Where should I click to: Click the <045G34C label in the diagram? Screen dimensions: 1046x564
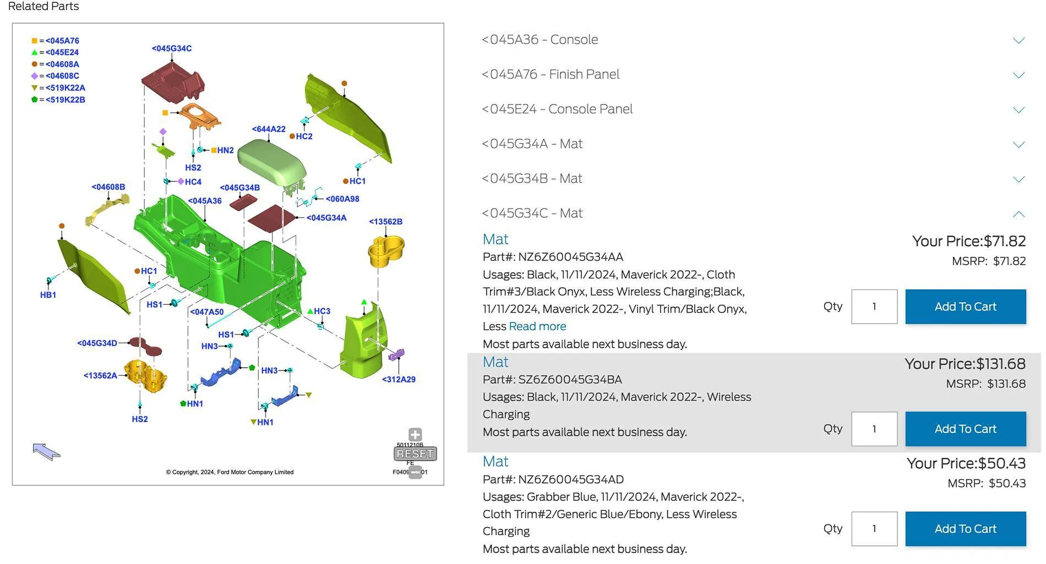172,48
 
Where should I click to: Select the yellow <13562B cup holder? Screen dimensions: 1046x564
386,251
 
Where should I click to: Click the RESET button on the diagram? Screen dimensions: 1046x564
415,454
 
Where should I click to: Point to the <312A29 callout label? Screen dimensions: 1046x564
399,379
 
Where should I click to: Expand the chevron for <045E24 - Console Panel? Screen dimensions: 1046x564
1019,109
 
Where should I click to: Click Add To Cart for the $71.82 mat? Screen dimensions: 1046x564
965,306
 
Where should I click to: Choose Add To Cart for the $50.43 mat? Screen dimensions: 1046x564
965,529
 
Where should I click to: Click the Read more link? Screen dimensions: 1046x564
537,326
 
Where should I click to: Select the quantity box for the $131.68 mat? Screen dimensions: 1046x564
874,429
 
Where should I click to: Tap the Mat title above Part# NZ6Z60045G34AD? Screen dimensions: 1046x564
495,462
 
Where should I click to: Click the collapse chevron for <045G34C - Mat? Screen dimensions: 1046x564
1019,213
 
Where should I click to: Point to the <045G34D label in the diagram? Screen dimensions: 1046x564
97,343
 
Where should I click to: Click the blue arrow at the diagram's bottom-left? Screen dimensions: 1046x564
46,452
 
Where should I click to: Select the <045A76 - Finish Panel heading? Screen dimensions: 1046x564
551,74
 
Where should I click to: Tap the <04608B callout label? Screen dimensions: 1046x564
108,187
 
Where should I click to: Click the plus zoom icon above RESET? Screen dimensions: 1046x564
415,435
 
